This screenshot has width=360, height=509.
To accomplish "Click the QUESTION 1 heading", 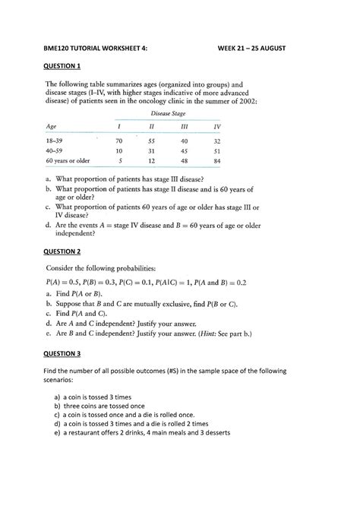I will click(64, 66).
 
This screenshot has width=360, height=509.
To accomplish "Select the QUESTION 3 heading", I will click(64, 354).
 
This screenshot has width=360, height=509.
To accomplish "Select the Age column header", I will click(52, 126).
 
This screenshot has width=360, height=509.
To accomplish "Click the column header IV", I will click(217, 126).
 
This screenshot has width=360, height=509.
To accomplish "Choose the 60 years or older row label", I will click(68, 161).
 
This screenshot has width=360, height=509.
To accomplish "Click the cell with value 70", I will click(118, 141).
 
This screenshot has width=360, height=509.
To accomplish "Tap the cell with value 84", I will click(217, 161).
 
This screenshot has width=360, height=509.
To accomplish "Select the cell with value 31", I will click(151, 151).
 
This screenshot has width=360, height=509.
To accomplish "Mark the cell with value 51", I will click(217, 151).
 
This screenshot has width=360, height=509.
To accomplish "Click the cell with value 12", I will click(151, 161).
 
